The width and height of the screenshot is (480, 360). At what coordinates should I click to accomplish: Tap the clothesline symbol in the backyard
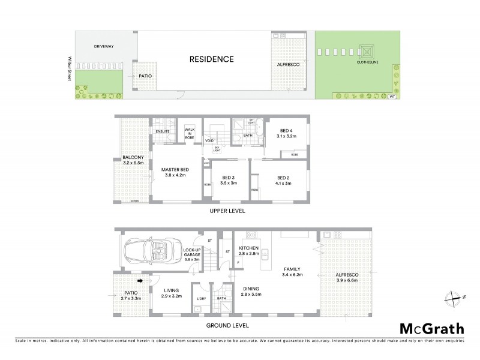(365, 50)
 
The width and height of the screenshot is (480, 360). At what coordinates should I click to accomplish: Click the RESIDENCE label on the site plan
(211, 59)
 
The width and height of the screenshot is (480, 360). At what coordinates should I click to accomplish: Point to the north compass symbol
(455, 296)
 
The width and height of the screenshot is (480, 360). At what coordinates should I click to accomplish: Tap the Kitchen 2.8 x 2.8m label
(248, 251)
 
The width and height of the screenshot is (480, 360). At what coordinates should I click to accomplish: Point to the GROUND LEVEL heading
(228, 326)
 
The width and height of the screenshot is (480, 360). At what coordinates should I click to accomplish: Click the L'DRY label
(201, 298)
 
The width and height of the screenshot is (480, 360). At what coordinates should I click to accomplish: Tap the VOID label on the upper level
(209, 141)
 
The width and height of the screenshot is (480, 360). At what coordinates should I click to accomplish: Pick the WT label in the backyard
(392, 96)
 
